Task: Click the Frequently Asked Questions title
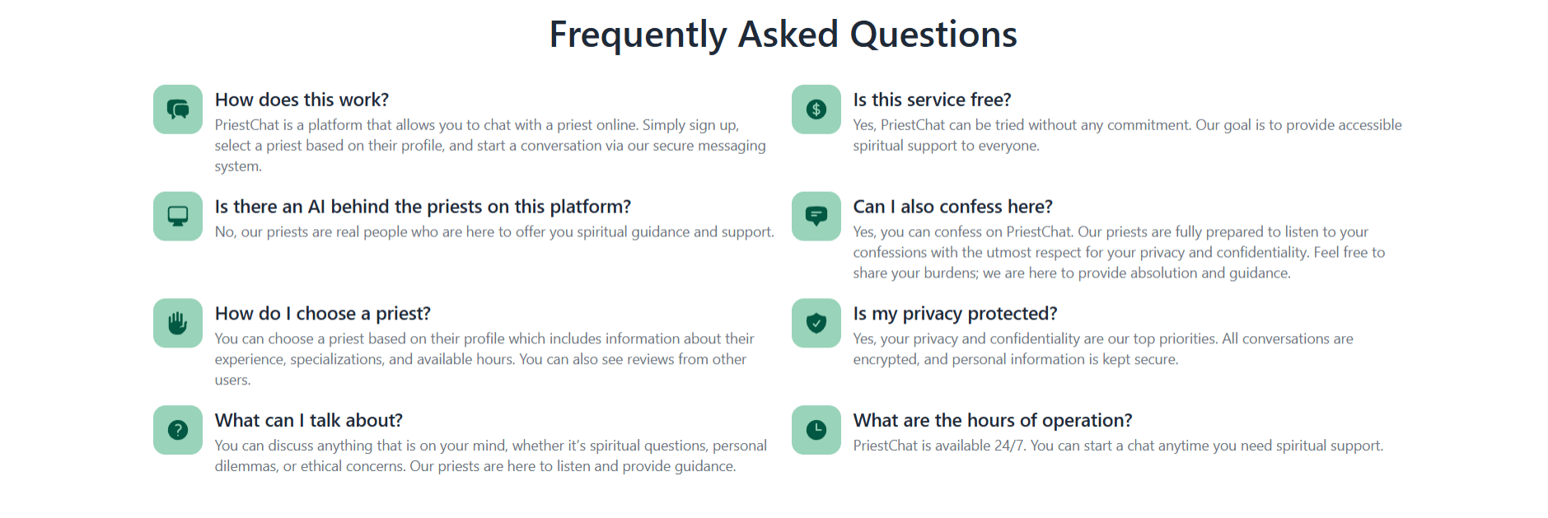(783, 35)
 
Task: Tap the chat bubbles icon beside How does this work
(178, 110)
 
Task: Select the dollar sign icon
(816, 110)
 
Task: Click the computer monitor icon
(178, 217)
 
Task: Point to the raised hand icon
(178, 323)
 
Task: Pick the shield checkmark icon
(816, 323)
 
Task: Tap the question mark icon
(178, 430)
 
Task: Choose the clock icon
(816, 430)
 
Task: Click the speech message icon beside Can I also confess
(816, 217)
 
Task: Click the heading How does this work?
(302, 100)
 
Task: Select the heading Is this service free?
(932, 100)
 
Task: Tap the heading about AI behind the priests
(423, 207)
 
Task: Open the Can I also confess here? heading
(952, 207)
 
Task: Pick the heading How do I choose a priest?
(323, 314)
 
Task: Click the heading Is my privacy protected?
(955, 314)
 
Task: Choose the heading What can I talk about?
(309, 421)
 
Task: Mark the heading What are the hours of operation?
(993, 421)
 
